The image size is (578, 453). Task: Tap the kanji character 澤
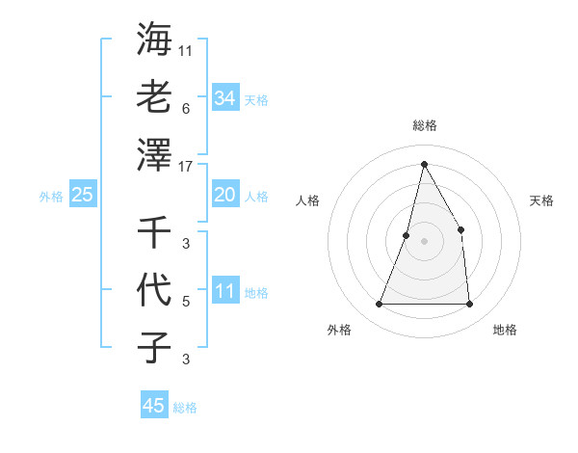[x=154, y=154]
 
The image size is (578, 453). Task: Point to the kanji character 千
[x=154, y=231]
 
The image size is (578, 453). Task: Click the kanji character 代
[x=154, y=289]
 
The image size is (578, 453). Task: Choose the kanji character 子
[x=154, y=347]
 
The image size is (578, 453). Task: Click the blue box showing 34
[x=224, y=98]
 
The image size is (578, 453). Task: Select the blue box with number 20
[x=224, y=196]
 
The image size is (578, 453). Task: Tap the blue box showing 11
[x=224, y=292]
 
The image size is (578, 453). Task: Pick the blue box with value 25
[x=82, y=196]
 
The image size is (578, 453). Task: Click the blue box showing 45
[x=154, y=406]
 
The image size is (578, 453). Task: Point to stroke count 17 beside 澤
[x=187, y=166]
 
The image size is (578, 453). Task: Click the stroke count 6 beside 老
[x=186, y=109]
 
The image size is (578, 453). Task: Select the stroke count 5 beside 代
[x=186, y=302]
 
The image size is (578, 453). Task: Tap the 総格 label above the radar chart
[x=425, y=125]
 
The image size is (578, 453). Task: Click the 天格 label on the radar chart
[x=541, y=200]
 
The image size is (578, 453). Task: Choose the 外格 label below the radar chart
[x=339, y=330]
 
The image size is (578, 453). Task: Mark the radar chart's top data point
[x=424, y=164]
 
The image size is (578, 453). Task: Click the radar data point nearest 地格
[x=469, y=305]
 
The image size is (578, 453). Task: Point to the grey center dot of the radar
[x=424, y=241]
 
